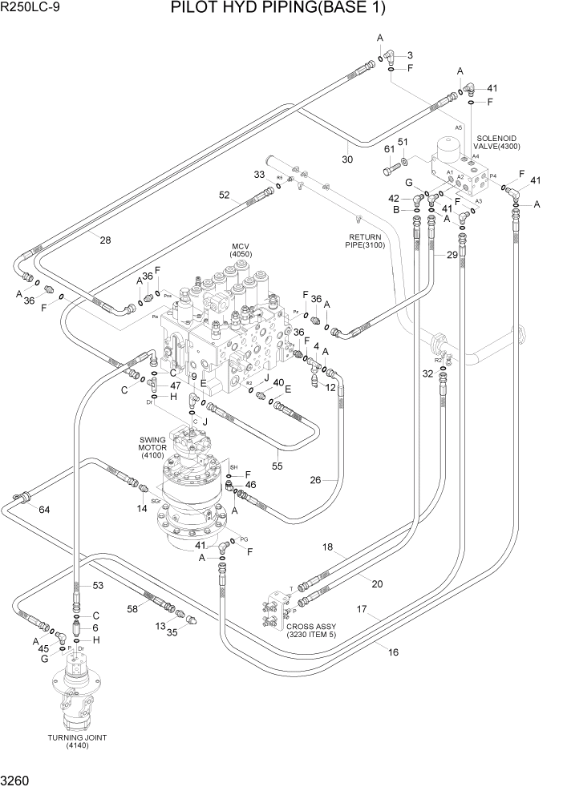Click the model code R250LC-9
(30, 7)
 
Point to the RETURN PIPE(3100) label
(367, 241)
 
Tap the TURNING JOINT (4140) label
(77, 741)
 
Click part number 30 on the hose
(347, 159)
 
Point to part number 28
(106, 239)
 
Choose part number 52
(224, 194)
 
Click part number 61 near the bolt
(388, 149)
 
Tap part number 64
(43, 510)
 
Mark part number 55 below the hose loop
(277, 465)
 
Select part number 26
(315, 481)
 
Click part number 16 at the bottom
(393, 652)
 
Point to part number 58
(133, 609)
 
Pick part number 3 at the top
(410, 54)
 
